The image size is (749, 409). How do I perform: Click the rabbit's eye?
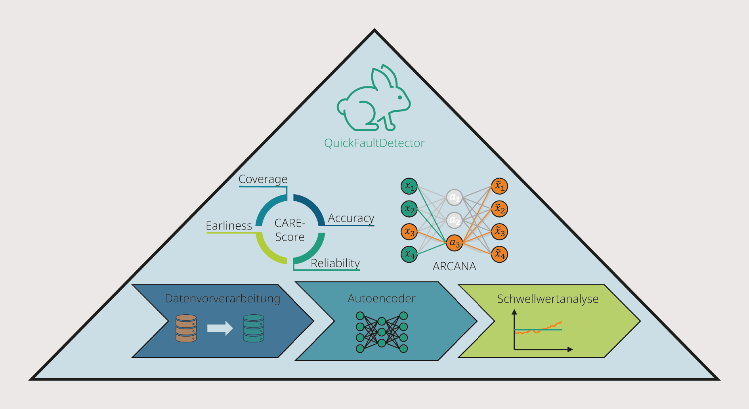coord(400,97)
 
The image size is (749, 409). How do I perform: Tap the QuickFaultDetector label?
coord(374,143)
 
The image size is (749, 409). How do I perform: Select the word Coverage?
coord(263,179)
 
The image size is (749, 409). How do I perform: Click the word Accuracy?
coord(351,218)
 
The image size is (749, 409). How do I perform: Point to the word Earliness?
coord(229,226)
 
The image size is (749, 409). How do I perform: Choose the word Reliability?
coord(335,263)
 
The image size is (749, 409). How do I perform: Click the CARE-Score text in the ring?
coord(290,230)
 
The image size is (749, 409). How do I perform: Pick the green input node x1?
coord(409,186)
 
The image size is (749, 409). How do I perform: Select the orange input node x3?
coord(409,232)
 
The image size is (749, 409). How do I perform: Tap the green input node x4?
coord(409,254)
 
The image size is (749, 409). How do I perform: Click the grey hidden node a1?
coord(454,197)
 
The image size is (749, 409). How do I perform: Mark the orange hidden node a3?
coord(454,243)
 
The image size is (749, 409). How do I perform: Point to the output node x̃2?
coord(499,209)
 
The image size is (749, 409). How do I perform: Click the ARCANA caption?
coord(454,266)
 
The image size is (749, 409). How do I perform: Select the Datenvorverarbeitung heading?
coord(222,298)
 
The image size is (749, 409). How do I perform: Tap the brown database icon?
coord(186,328)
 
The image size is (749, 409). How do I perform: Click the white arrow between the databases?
coord(220,328)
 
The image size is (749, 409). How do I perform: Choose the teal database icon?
coord(253,328)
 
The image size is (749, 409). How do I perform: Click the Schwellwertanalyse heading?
coord(548,299)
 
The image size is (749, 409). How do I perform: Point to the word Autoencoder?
coord(381,298)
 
